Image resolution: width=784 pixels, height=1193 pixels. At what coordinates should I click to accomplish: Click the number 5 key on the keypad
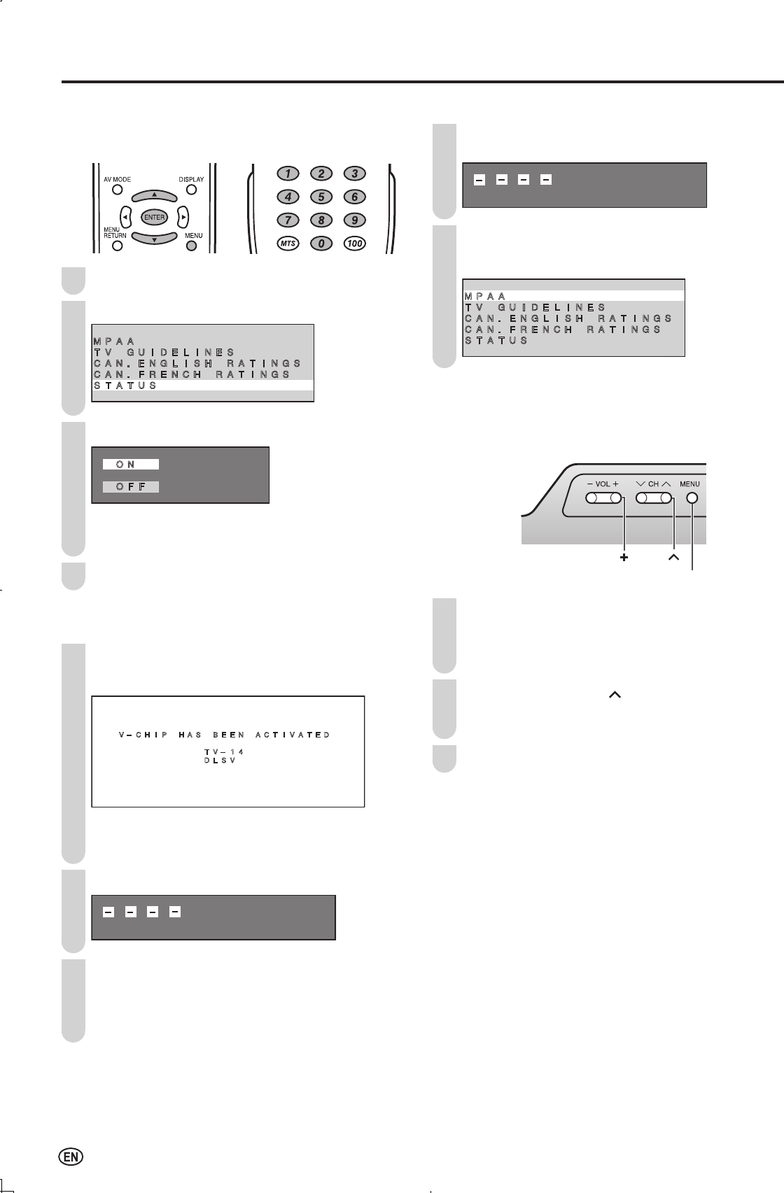(x=321, y=197)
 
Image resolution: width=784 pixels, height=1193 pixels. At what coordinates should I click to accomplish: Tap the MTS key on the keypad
(x=286, y=243)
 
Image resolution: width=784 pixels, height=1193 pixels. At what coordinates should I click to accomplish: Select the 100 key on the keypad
(x=354, y=243)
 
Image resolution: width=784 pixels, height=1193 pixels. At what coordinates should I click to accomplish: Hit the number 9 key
(x=354, y=220)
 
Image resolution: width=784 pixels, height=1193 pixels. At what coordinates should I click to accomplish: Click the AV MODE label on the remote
(x=118, y=180)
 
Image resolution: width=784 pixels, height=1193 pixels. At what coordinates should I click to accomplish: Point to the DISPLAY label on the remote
(x=191, y=180)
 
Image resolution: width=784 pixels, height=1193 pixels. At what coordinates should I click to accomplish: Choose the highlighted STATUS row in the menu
(x=202, y=386)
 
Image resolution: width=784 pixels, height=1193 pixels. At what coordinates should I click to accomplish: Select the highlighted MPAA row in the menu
(x=573, y=296)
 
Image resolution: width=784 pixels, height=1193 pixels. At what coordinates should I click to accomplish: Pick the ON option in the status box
(x=131, y=464)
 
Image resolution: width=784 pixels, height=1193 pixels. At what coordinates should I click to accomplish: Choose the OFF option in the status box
(x=131, y=486)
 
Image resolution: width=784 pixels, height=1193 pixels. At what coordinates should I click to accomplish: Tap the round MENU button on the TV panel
(x=692, y=498)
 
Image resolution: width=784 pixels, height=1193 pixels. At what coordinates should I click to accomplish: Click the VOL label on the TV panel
(x=603, y=484)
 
